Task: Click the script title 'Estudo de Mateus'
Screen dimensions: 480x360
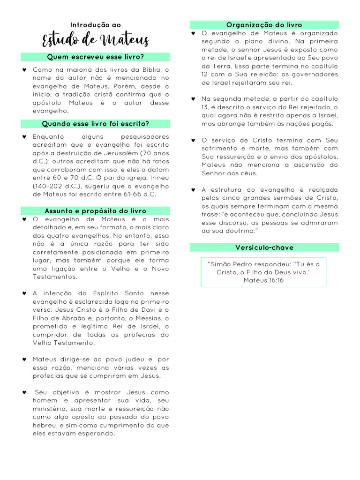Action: pyautogui.click(x=96, y=40)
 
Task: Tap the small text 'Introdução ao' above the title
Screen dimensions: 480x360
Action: pyautogui.click(x=96, y=25)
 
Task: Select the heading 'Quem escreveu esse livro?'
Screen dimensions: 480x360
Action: pyautogui.click(x=96, y=57)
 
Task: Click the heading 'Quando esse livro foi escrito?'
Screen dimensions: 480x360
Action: pyautogui.click(x=96, y=124)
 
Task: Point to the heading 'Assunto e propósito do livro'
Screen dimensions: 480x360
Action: pyautogui.click(x=96, y=211)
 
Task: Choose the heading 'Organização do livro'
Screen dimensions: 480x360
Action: pyautogui.click(x=264, y=25)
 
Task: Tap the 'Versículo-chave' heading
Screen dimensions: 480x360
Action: pyautogui.click(x=264, y=247)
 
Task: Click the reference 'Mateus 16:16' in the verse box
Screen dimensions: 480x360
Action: pyautogui.click(x=263, y=280)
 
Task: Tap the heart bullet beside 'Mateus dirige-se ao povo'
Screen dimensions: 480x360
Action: pyautogui.click(x=24, y=359)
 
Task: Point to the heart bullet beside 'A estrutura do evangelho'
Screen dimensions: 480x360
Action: pyautogui.click(x=193, y=189)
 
